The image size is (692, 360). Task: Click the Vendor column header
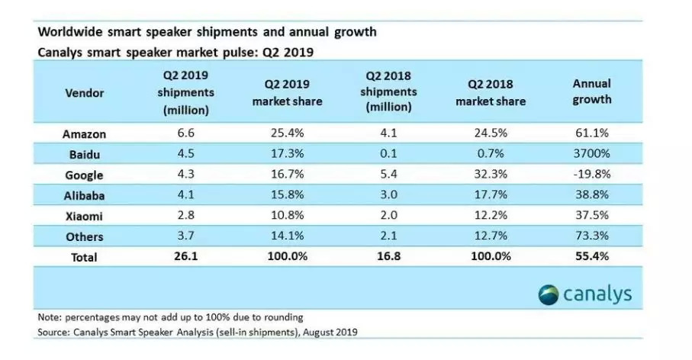pyautogui.click(x=84, y=93)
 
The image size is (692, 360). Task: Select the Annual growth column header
pyautogui.click(x=591, y=92)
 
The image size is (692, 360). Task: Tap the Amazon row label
pyautogui.click(x=84, y=134)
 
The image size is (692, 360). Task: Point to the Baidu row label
pyautogui.click(x=84, y=154)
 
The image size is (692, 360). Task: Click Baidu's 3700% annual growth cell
pyautogui.click(x=591, y=154)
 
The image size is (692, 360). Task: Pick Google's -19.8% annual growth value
pyautogui.click(x=591, y=175)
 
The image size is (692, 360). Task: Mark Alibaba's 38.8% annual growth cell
pyautogui.click(x=591, y=195)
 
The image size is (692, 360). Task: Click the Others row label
pyautogui.click(x=84, y=236)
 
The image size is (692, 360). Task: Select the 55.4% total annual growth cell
pyautogui.click(x=591, y=257)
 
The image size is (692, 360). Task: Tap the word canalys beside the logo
pyautogui.click(x=598, y=294)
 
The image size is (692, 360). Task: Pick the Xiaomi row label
pyautogui.click(x=84, y=216)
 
